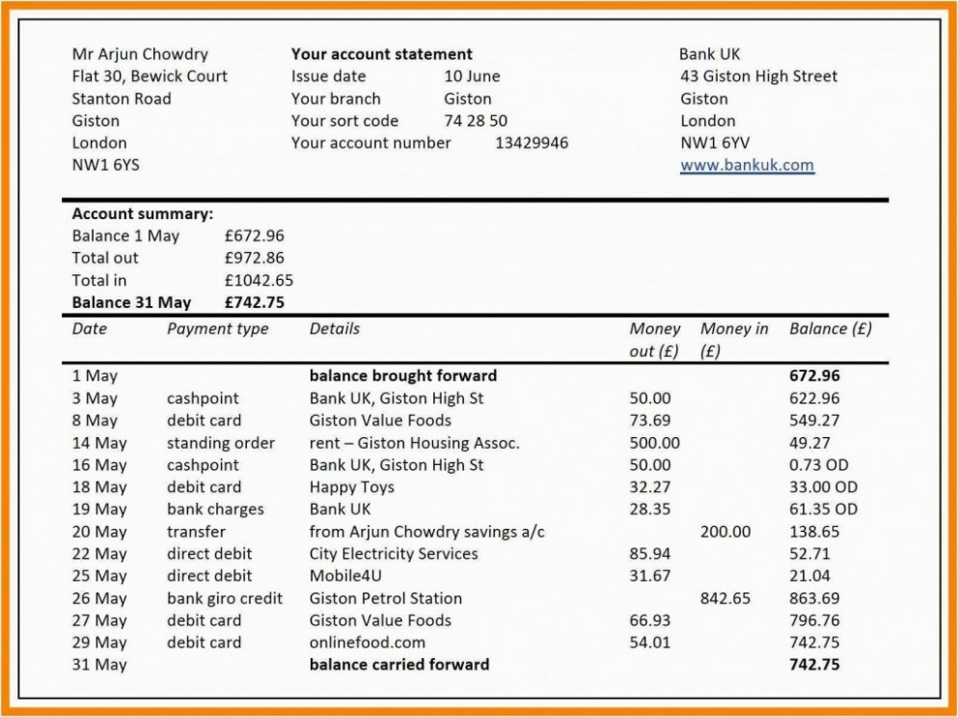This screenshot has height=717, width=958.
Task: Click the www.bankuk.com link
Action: tap(747, 165)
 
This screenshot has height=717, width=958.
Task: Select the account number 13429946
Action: tap(532, 143)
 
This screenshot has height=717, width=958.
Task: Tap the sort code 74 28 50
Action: tap(476, 121)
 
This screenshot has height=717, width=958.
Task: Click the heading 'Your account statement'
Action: tap(382, 54)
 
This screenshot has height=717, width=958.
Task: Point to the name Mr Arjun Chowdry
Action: tap(140, 54)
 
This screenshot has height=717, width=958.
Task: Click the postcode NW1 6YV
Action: tap(715, 143)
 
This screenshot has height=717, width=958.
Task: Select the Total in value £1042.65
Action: tap(259, 281)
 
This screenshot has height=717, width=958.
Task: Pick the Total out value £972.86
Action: tap(254, 258)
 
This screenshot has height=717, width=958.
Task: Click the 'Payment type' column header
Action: tap(218, 329)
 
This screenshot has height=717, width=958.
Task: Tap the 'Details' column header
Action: tap(335, 329)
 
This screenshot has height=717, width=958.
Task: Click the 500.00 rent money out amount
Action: tap(654, 443)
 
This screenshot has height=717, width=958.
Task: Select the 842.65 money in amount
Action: tap(725, 598)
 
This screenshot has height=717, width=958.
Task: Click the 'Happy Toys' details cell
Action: tap(351, 487)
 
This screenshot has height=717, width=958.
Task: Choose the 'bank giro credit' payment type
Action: tap(225, 598)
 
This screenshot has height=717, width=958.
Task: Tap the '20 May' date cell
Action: tap(99, 532)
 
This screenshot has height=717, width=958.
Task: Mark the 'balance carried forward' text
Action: tap(399, 664)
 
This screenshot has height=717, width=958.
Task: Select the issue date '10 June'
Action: tap(472, 76)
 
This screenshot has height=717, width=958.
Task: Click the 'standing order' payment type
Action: tap(221, 443)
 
